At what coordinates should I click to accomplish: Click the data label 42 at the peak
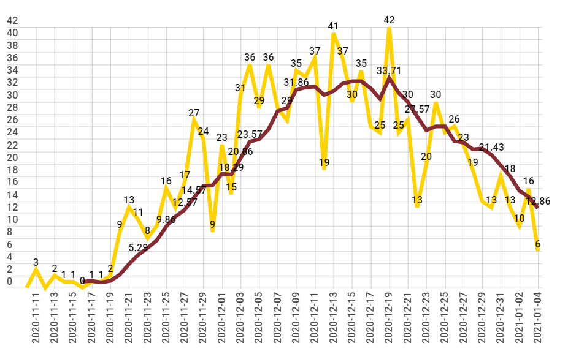[389, 20]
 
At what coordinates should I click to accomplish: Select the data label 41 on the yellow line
[333, 26]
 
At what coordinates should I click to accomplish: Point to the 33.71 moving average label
[389, 71]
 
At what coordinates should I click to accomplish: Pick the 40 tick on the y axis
[12, 32]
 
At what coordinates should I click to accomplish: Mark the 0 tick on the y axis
[9, 282]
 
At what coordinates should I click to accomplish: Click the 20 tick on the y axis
[12, 157]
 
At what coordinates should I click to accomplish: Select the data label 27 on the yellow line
[194, 113]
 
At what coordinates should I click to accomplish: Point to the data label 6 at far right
[538, 244]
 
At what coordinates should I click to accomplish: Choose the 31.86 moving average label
[296, 82]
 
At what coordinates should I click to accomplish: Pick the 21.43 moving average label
[491, 147]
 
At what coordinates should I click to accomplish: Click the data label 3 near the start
[36, 263]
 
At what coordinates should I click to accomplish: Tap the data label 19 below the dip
[324, 163]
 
